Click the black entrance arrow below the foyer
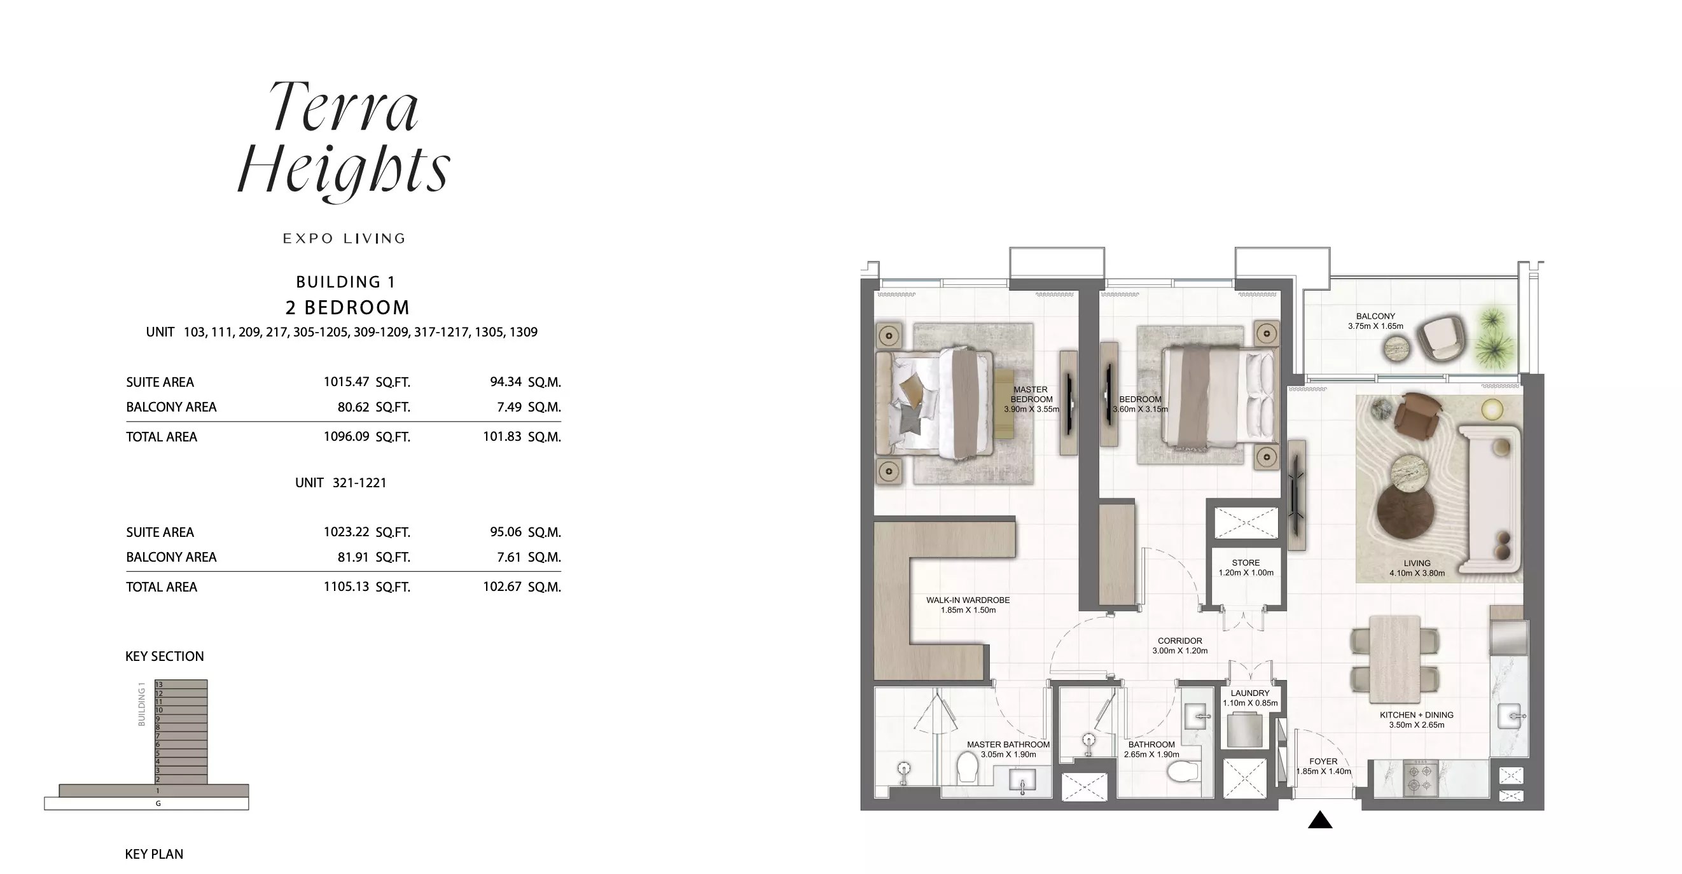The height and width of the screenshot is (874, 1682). click(1319, 820)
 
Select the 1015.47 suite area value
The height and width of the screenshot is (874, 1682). click(346, 382)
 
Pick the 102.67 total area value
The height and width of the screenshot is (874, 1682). click(501, 586)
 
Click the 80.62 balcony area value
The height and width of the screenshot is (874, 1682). click(353, 407)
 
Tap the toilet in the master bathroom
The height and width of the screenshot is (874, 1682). click(967, 768)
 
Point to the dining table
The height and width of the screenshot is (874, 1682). click(1394, 660)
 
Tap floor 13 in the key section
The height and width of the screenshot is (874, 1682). click(181, 684)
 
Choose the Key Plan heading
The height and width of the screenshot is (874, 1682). click(154, 854)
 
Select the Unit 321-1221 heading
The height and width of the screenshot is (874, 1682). click(341, 483)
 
